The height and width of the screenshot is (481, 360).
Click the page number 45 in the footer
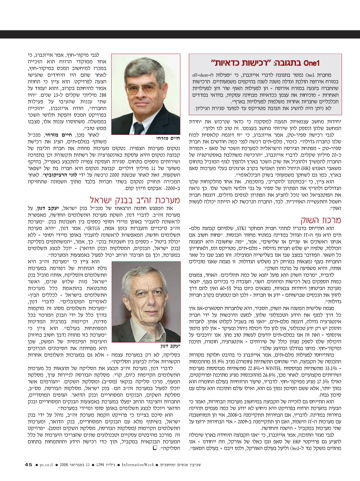click(x=28, y=465)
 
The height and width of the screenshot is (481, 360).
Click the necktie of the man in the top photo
click(x=139, y=127)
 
